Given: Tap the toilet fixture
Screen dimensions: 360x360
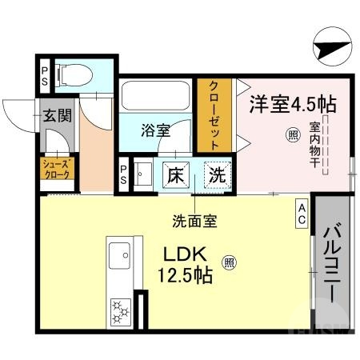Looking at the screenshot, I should pyautogui.click(x=73, y=74).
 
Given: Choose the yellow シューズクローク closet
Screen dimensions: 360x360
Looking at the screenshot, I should pyautogui.click(x=57, y=168).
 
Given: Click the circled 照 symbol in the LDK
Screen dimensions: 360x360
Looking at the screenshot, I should pyautogui.click(x=229, y=261).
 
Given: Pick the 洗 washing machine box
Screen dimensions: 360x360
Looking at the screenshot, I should pyautogui.click(x=216, y=173).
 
